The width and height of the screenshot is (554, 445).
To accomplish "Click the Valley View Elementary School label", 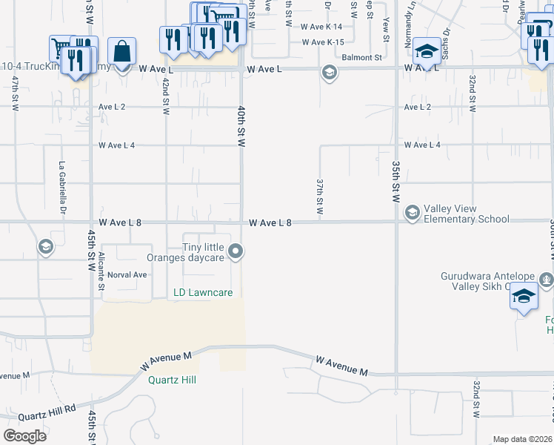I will [x=466, y=214].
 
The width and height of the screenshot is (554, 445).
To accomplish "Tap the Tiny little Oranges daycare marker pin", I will [x=236, y=252].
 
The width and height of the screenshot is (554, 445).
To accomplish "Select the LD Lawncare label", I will [x=203, y=293].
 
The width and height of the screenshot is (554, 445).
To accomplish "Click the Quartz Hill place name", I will [x=172, y=380].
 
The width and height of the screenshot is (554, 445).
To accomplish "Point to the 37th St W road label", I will [x=320, y=196].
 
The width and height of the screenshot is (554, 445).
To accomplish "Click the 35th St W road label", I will [x=396, y=182].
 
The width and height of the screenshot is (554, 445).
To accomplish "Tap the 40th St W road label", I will [x=241, y=126].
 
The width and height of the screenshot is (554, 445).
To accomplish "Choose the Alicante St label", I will [x=101, y=265].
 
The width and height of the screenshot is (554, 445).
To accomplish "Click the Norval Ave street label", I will [x=127, y=274].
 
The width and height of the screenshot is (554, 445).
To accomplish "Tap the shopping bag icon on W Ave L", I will [x=121, y=52].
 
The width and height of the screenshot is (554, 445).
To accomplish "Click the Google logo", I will [x=24, y=436].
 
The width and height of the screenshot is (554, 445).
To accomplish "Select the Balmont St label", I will [x=361, y=56].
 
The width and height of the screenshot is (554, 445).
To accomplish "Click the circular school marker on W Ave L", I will [x=329, y=72].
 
